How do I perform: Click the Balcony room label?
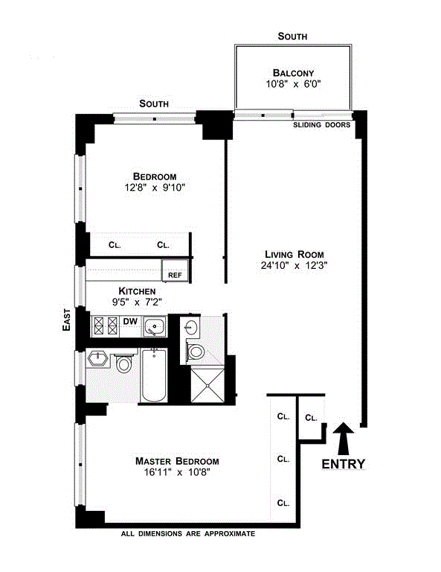[293, 72]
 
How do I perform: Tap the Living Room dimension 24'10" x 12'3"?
[294, 266]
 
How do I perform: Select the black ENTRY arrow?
[343, 439]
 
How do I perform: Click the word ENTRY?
[343, 464]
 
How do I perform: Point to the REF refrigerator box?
[175, 270]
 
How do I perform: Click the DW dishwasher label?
[130, 322]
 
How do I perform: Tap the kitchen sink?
[155, 326]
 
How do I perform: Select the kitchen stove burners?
[106, 325]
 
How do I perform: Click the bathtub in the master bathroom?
[154, 375]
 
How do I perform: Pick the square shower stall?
[207, 385]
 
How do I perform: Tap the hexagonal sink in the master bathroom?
[97, 358]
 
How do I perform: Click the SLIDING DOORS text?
[321, 125]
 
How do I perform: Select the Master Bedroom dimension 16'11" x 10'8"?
[177, 472]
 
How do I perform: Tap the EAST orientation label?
[66, 320]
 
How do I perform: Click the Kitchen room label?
[137, 291]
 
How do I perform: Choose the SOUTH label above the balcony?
[292, 36]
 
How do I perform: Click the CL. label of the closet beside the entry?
[311, 418]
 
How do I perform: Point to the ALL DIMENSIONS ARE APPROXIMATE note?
[188, 534]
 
